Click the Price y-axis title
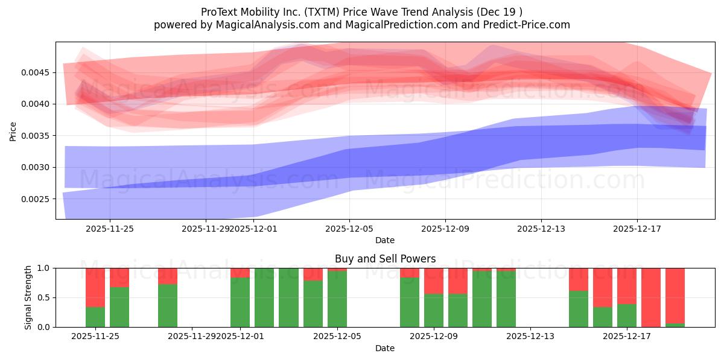[x=13, y=130]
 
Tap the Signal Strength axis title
[x=28, y=297]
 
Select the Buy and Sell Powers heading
[x=385, y=259]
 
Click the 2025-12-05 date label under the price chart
[x=349, y=229]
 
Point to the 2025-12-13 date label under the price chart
[x=541, y=229]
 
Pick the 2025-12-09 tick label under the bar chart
[x=434, y=337]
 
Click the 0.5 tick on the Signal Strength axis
[x=43, y=297]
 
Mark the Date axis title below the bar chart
[x=385, y=348]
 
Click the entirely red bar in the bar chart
[x=651, y=297]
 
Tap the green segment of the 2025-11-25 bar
[x=95, y=317]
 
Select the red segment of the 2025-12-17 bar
[x=627, y=286]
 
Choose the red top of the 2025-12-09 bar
[x=434, y=281]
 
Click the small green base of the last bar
[x=675, y=325]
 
